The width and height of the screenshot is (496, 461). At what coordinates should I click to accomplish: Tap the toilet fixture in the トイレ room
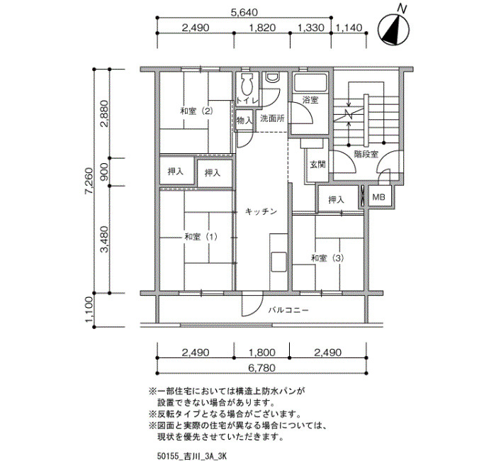[x=247, y=85]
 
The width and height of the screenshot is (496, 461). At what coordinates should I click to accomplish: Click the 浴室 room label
[x=310, y=100]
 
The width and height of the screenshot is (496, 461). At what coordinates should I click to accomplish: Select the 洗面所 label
[x=272, y=118]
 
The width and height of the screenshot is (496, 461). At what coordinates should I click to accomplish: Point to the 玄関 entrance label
[x=317, y=165]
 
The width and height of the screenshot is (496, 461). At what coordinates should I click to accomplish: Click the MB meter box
[x=378, y=197]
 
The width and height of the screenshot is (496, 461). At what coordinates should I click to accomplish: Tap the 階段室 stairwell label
[x=366, y=154]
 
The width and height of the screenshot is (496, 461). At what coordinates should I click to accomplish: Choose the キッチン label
[x=261, y=211]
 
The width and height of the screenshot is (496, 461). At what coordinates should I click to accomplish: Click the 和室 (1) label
[x=201, y=237]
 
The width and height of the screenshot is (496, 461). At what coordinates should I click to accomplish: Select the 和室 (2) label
[x=196, y=111]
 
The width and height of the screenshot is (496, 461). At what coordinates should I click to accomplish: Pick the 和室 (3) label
[x=327, y=258]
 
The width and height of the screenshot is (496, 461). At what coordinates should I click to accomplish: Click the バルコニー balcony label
[x=288, y=310]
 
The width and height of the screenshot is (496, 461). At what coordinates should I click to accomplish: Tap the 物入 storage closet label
[x=244, y=121]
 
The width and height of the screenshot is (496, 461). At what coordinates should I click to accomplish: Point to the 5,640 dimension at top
[x=244, y=12]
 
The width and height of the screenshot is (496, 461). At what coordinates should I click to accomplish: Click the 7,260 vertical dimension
[x=89, y=181]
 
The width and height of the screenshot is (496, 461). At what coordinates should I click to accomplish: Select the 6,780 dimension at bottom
[x=261, y=368]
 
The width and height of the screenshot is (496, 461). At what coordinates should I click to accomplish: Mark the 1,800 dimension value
[x=261, y=352]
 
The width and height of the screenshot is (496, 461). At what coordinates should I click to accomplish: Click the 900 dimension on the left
[x=104, y=172]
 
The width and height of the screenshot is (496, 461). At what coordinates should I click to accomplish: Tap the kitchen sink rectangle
[x=278, y=262]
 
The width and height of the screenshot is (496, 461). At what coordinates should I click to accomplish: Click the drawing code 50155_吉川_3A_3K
[x=192, y=456]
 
